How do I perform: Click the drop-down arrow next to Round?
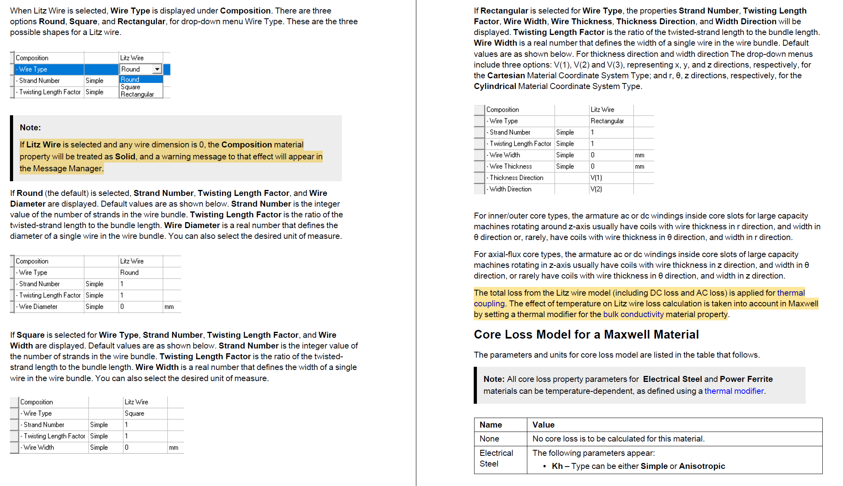157,69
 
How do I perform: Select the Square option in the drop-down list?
131,87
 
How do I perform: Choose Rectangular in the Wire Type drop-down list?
137,94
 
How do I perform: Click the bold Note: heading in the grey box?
30,128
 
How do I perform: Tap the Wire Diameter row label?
38,307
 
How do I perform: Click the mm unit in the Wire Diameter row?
169,307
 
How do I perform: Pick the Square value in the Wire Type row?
134,413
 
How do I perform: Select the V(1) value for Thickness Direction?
596,178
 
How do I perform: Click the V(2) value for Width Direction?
596,189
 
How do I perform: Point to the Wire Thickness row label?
511,167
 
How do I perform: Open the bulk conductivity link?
633,314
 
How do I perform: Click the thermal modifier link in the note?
734,391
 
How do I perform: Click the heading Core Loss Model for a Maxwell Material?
586,335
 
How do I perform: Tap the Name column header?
491,425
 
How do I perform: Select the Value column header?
543,425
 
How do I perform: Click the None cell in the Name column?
489,439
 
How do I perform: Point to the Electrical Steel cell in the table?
496,458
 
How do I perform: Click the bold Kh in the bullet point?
557,466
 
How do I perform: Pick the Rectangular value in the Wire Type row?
607,121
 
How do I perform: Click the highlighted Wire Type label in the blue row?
33,69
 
